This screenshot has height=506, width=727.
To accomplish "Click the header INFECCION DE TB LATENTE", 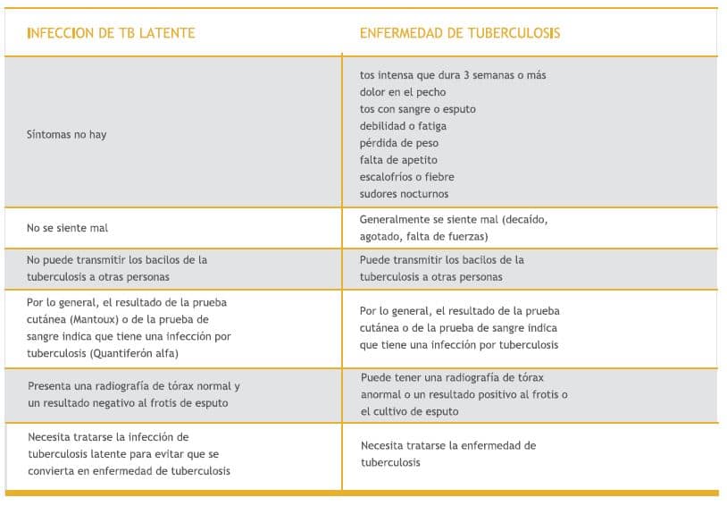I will click(111, 33).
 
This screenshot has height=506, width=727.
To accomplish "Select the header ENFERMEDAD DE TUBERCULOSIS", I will click(460, 33).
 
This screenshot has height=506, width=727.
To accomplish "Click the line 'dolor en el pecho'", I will click(403, 92).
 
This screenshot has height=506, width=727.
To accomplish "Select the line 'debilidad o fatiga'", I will click(403, 126).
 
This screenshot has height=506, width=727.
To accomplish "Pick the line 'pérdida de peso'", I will click(399, 143).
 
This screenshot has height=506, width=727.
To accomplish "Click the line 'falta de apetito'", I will click(398, 160).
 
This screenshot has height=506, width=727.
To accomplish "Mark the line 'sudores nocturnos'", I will click(404, 194).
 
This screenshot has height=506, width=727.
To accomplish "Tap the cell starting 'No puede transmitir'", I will click(117, 268).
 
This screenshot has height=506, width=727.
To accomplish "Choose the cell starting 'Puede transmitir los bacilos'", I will click(441, 268).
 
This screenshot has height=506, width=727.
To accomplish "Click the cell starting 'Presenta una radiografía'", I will click(133, 394).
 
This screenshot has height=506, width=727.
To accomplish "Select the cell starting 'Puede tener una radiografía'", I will click(464, 394).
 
